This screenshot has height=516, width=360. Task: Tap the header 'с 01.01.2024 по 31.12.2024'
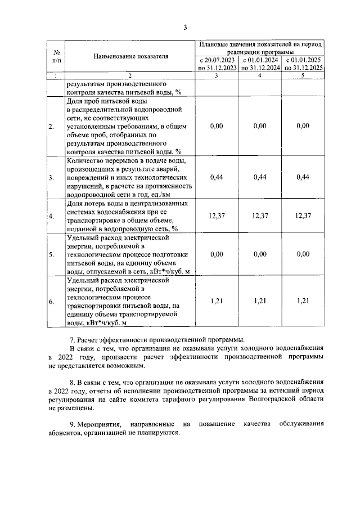point(260,64)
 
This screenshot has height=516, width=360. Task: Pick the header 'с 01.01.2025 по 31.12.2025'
point(303,64)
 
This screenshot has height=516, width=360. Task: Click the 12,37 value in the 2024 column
point(260,216)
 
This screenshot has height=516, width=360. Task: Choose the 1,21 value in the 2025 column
point(303,302)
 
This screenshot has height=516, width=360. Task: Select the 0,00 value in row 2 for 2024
point(260,127)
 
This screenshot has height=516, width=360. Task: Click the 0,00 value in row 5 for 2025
point(303,254)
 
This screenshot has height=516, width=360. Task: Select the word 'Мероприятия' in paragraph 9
point(102,423)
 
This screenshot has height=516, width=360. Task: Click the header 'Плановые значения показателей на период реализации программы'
point(259,47)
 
